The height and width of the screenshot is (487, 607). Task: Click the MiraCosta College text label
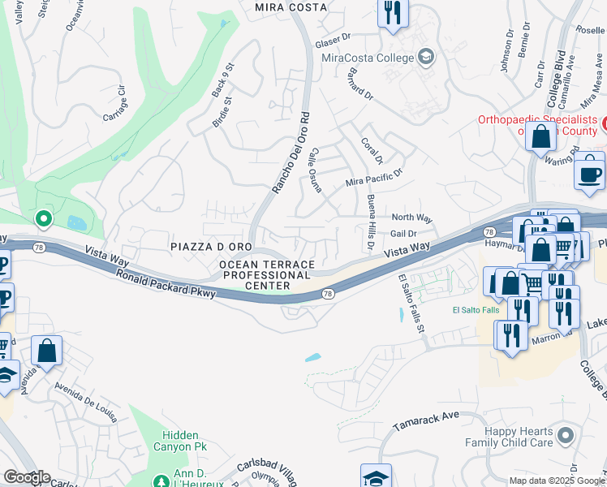click(367, 58)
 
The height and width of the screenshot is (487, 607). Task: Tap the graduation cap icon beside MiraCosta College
click(426, 57)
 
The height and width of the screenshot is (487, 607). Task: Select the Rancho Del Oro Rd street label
click(291, 153)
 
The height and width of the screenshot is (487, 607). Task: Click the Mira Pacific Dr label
click(374, 178)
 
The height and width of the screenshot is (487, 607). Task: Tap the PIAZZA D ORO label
click(211, 246)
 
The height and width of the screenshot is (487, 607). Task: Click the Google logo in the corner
click(26, 477)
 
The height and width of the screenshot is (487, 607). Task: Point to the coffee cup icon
click(589, 173)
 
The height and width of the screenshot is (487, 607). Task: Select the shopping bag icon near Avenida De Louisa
click(47, 351)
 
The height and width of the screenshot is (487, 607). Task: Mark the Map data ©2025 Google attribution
click(556, 481)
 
